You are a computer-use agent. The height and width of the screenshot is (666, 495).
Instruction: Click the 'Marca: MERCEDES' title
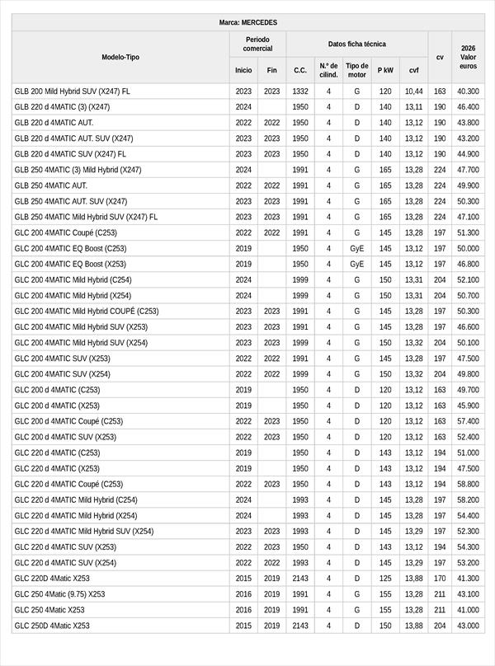(x=248, y=22)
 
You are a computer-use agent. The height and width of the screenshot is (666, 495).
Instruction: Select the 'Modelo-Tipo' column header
(x=120, y=57)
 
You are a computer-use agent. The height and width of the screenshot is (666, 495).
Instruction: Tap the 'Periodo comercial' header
(x=257, y=44)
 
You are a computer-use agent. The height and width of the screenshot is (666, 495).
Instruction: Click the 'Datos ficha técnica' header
(x=356, y=44)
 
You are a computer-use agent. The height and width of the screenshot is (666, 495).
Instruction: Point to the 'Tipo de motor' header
(x=357, y=70)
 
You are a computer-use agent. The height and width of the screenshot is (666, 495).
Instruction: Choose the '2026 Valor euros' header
(x=468, y=57)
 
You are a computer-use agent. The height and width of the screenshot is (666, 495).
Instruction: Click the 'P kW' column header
(x=385, y=70)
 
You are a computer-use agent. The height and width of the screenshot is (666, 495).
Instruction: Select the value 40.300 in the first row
(x=468, y=91)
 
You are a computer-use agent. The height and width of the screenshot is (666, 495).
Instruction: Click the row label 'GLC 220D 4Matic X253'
(x=52, y=579)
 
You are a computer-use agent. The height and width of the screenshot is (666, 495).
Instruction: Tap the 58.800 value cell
(x=468, y=484)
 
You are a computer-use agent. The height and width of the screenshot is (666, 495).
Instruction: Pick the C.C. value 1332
(x=300, y=91)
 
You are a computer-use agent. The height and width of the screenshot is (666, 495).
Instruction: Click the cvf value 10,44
(x=413, y=91)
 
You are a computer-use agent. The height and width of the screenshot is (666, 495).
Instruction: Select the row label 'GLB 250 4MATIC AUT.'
(x=50, y=185)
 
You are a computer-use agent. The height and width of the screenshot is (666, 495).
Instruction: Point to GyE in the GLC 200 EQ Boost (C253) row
(x=357, y=248)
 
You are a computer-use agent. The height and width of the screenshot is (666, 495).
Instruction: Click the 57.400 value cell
(x=468, y=421)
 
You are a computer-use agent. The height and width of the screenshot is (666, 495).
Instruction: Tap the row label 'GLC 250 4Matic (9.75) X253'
(x=59, y=594)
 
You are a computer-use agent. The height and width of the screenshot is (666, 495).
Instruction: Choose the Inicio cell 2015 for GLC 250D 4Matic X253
(x=243, y=626)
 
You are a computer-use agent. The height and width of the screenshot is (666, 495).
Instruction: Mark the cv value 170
(x=440, y=579)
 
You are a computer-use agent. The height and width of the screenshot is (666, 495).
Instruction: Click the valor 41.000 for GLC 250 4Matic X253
(x=468, y=610)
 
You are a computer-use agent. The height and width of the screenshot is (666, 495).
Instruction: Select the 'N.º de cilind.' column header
(x=328, y=70)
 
